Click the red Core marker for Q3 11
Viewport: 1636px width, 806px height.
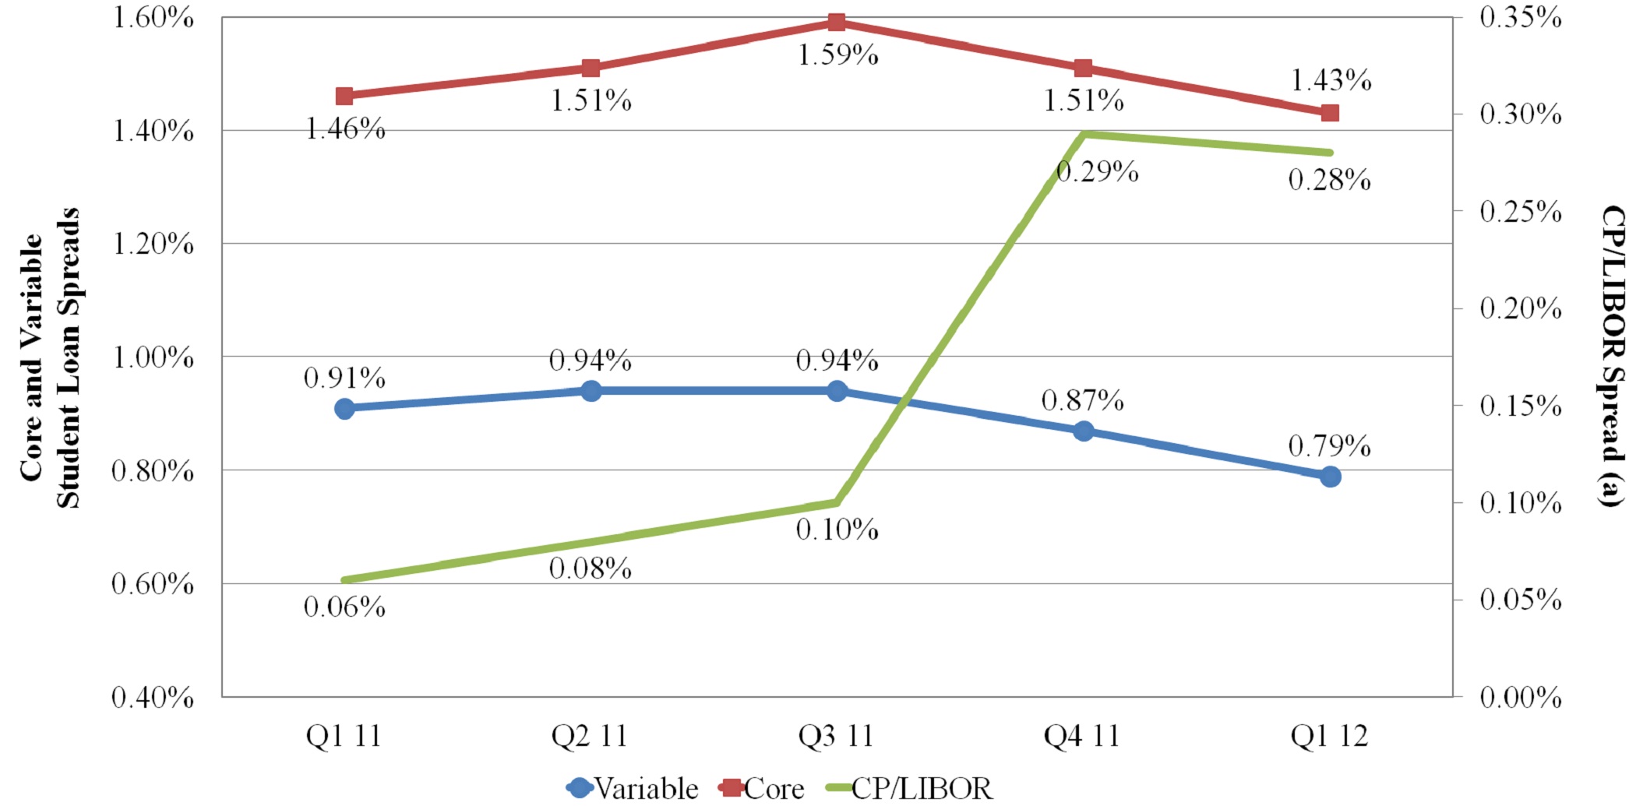[837, 22]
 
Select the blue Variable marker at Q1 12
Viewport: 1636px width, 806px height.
[1330, 477]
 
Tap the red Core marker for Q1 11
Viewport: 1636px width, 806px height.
[344, 97]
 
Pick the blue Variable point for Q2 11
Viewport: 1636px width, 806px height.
[591, 391]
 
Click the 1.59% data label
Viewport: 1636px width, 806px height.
[837, 55]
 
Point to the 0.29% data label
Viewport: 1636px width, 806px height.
[1097, 171]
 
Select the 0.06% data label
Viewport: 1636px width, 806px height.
[344, 607]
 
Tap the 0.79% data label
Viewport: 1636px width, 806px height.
[1329, 446]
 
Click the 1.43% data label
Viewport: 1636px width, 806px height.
[1331, 80]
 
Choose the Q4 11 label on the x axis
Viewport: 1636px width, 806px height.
[1081, 736]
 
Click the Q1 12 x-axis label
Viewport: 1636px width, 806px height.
[1329, 736]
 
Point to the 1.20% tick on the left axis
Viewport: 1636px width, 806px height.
[153, 244]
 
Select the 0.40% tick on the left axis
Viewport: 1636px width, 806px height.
[153, 697]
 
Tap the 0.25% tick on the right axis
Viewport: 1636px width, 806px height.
[1521, 211]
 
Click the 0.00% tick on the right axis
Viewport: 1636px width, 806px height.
[1521, 697]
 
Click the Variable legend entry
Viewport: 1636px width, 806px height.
[633, 788]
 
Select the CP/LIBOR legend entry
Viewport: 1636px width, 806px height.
[908, 788]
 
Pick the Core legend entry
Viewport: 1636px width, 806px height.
[762, 788]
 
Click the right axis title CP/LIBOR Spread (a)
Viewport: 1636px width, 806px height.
[1613, 356]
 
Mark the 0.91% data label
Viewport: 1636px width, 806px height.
[344, 378]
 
